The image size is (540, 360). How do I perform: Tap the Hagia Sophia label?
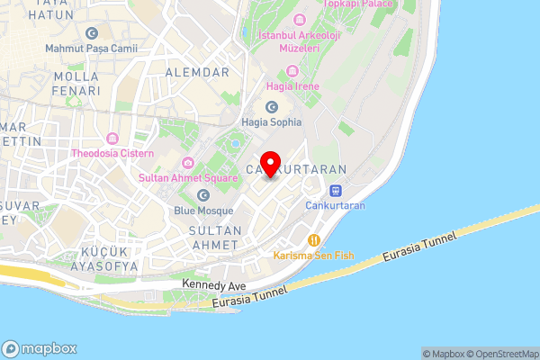click(271, 121)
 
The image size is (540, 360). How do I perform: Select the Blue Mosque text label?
click(203, 211)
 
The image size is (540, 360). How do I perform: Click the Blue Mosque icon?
click(203, 194)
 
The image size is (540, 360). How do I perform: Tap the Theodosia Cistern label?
click(112, 153)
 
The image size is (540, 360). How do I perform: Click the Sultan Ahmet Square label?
click(187, 178)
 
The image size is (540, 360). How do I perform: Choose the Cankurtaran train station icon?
click(335, 191)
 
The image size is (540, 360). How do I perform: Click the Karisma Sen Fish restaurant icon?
click(314, 240)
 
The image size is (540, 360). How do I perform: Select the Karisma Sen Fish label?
click(314, 256)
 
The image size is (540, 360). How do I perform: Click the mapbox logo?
click(40, 349)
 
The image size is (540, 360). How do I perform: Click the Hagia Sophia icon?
click(271, 106)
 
